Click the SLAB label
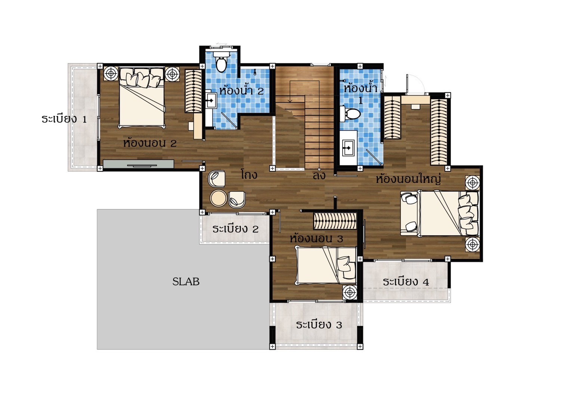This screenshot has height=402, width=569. pyautogui.click(x=186, y=281)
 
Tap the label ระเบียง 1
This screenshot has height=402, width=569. pyautogui.click(x=64, y=119)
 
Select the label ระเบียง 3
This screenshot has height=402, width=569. pyautogui.click(x=319, y=325)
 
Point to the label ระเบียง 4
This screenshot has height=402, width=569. pyautogui.click(x=406, y=282)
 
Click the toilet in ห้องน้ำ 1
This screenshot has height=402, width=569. pyautogui.click(x=350, y=114)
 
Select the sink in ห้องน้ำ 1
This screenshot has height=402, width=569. pyautogui.click(x=348, y=147)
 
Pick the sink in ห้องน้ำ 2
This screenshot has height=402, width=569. pyautogui.click(x=211, y=100)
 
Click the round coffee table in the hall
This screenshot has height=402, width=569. pyautogui.click(x=218, y=198)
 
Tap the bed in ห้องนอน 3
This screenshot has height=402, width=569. pyautogui.click(x=327, y=265)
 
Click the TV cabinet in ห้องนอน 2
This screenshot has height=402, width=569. pyautogui.click(x=139, y=164)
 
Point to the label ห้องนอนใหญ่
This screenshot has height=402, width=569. pyautogui.click(x=408, y=179)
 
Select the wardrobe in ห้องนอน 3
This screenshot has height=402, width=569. pyautogui.click(x=335, y=221)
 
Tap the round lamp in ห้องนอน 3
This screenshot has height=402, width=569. pyautogui.click(x=350, y=292)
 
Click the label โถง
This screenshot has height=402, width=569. pyautogui.click(x=249, y=174)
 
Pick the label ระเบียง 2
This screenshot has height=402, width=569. pyautogui.click(x=235, y=229)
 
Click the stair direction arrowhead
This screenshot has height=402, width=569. pyautogui.click(x=290, y=101)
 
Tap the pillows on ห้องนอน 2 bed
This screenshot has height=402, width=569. pyautogui.click(x=142, y=77)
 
